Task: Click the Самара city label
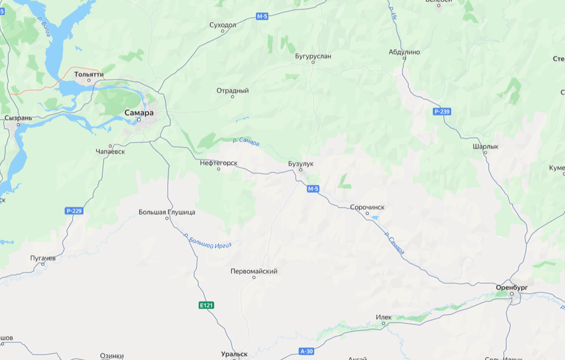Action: tap(139, 113)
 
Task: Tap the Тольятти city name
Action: tap(89, 74)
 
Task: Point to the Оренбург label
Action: tap(511, 288)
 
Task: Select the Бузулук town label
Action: tap(301, 163)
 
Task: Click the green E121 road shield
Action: tap(206, 305)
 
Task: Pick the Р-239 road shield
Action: tap(441, 112)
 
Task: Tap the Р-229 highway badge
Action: tap(74, 211)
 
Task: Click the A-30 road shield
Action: tap(307, 352)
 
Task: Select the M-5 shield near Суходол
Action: tap(262, 16)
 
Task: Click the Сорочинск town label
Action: tap(367, 207)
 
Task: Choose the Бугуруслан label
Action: tap(313, 56)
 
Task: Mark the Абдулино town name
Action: tap(404, 52)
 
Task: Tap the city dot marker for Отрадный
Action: tap(233, 96)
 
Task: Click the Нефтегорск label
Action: tap(219, 163)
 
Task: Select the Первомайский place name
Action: tap(254, 271)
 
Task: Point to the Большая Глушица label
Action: tap(167, 212)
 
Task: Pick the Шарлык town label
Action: tap(485, 146)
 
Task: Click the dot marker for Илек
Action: tap(384, 323)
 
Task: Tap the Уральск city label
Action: tap(235, 354)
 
